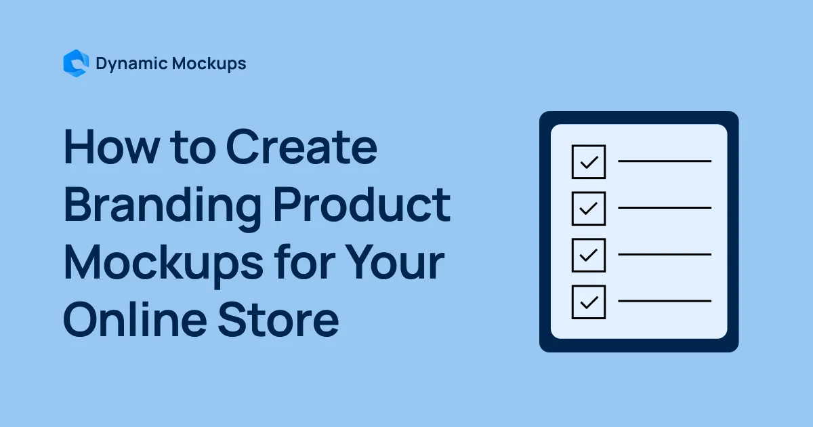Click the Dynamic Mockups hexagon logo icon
pos(75,64)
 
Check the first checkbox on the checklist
pos(588,161)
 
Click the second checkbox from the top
pos(588,208)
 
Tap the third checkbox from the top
pos(588,254)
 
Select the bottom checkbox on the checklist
pos(588,301)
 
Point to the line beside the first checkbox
pos(665,161)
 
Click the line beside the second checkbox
pos(665,208)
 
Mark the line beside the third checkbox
pos(665,254)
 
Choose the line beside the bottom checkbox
pos(665,301)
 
